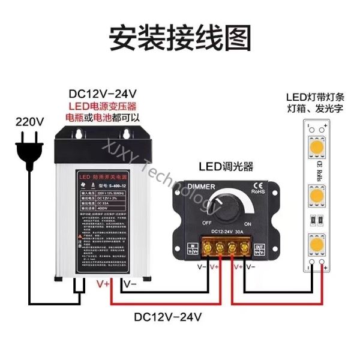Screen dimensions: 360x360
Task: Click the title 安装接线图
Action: click(x=179, y=37)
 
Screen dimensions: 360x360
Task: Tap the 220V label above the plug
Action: click(x=30, y=122)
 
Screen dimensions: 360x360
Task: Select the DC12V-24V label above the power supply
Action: click(x=103, y=94)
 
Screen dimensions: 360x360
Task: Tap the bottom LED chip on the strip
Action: click(x=316, y=244)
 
